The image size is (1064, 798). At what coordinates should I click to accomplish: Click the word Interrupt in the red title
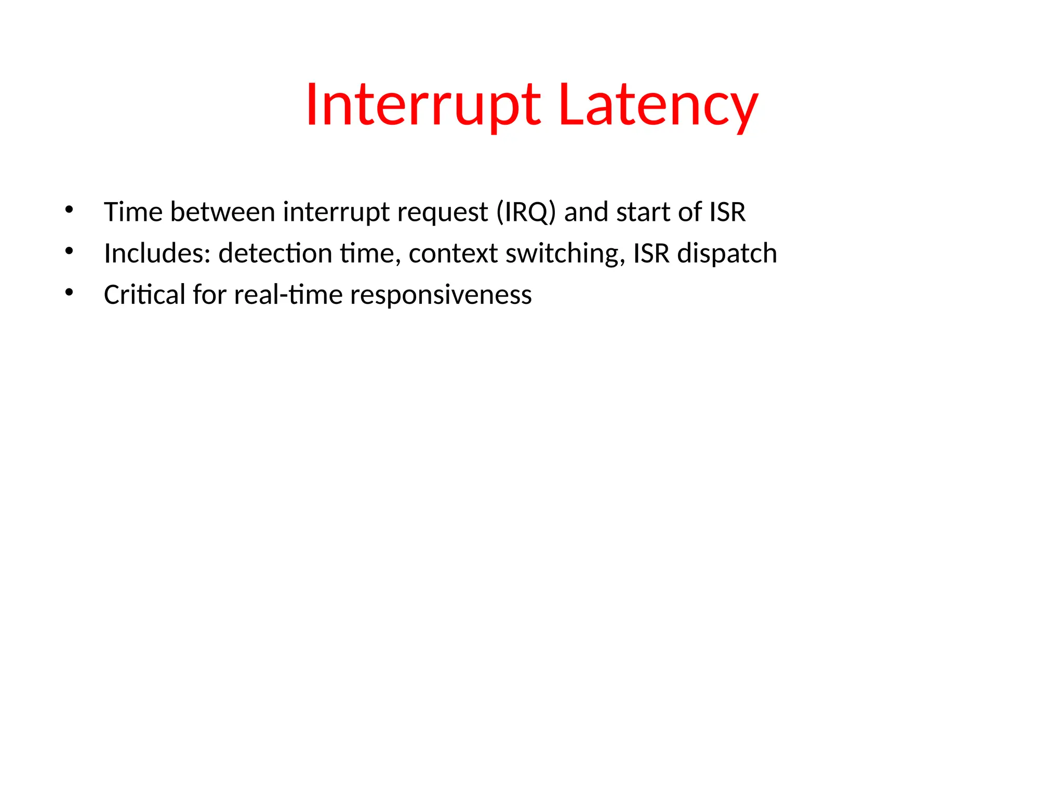tap(423, 105)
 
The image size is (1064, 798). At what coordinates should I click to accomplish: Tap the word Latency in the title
tap(658, 105)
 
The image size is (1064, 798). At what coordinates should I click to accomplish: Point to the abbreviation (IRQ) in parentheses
tap(526, 212)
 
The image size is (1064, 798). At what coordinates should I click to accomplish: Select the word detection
tap(275, 254)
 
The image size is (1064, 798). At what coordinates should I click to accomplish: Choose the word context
tap(453, 254)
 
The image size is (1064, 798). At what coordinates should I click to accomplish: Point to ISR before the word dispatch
tap(651, 254)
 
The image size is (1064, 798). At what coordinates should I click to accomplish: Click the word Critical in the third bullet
tap(144, 295)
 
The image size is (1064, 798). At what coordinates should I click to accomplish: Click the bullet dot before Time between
tap(69, 210)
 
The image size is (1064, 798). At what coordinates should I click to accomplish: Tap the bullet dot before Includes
tap(69, 251)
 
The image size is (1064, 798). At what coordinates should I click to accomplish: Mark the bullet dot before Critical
tap(69, 292)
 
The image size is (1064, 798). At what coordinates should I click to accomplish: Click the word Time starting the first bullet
tap(133, 212)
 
